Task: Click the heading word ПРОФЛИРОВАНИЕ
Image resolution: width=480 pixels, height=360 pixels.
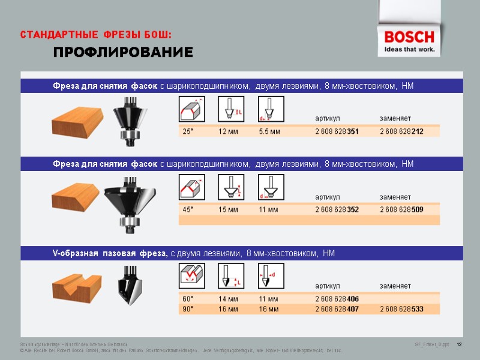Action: click(x=123, y=53)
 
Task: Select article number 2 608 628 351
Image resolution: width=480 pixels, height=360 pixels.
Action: click(x=337, y=131)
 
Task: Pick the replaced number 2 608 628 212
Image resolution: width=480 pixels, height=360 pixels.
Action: click(x=401, y=131)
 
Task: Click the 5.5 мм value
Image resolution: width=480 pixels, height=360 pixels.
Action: click(x=269, y=131)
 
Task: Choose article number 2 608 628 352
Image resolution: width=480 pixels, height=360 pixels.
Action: click(x=337, y=209)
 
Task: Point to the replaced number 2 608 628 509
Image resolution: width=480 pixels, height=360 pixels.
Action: click(x=401, y=209)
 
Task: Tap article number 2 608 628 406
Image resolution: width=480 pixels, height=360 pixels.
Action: click(x=337, y=299)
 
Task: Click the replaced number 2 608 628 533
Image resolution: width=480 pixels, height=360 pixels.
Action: click(x=401, y=309)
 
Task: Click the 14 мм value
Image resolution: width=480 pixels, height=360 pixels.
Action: click(x=228, y=299)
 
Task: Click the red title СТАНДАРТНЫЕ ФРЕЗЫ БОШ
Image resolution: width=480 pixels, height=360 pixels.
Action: click(x=96, y=34)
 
